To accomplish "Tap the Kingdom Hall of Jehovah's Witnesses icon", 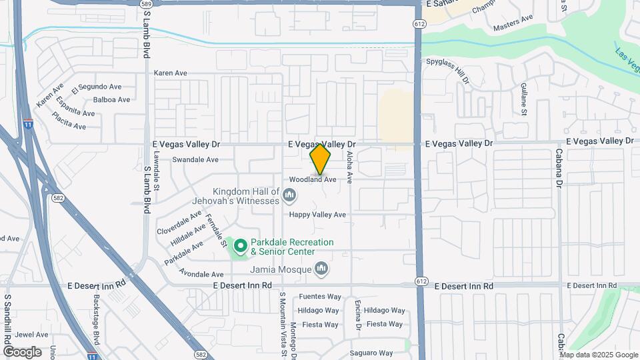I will click(289, 195).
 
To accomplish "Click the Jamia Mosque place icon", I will click(322, 269).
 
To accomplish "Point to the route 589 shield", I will click(146, 4).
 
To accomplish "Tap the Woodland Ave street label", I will click(312, 179).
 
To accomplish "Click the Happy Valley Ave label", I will click(317, 215).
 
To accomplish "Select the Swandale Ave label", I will click(195, 160).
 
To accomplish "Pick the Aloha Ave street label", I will click(349, 167).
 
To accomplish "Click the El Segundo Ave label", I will click(100, 87).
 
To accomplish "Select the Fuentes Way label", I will click(320, 297).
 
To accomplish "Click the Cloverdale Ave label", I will click(179, 221).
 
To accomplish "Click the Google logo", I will click(22, 352).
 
